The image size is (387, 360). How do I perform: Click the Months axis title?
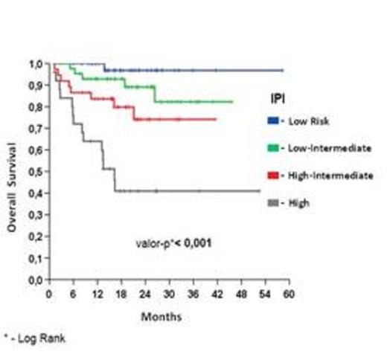tap(161, 316)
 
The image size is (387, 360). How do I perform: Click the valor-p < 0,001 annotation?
tap(170, 242)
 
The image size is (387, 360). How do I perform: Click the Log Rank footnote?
tap(34, 338)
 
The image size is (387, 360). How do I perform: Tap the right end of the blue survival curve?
tap(283, 70)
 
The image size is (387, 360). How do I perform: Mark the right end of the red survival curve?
tap(216, 119)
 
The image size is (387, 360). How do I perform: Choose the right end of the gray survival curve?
tap(260, 191)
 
